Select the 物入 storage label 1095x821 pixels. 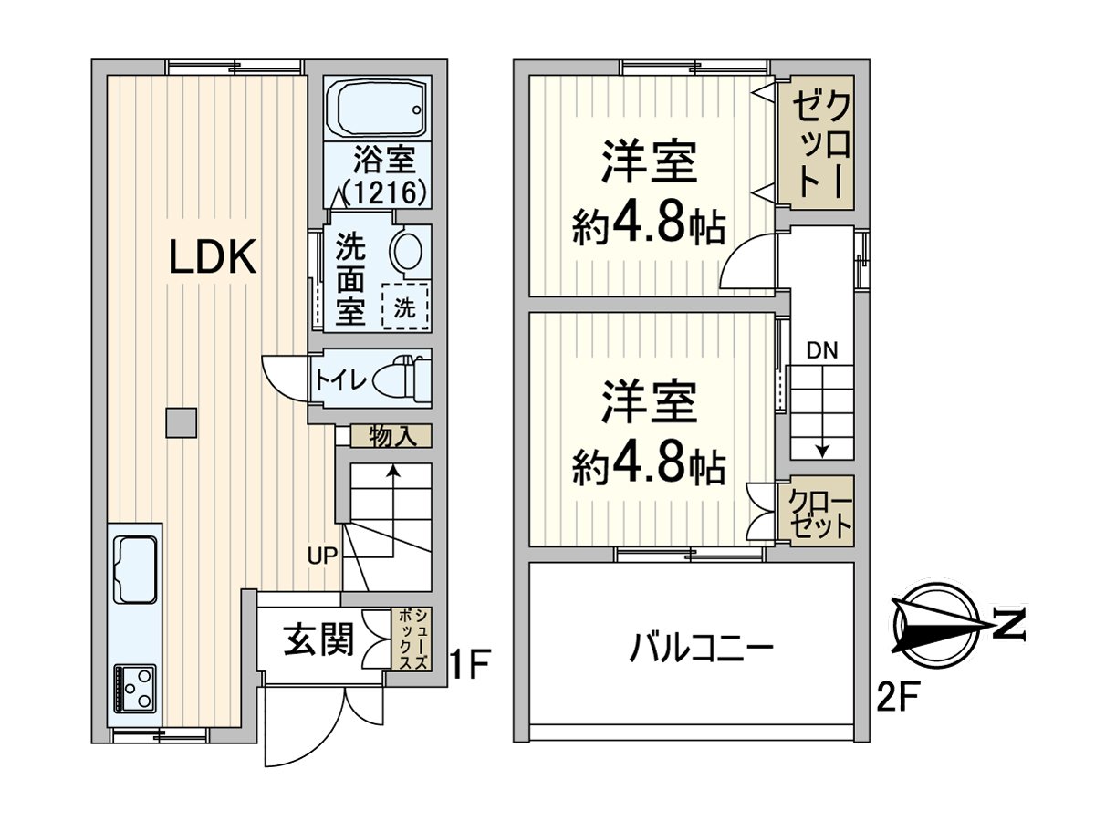393,436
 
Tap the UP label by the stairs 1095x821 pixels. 322,554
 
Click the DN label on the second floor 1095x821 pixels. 823,349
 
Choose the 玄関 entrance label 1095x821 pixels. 317,640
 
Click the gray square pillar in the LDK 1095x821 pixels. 181,421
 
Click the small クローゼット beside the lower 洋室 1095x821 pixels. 820,514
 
